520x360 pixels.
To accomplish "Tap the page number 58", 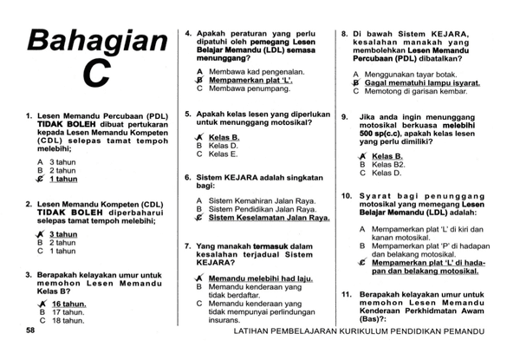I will click(x=30, y=331).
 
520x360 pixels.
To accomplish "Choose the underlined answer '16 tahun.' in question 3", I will click(x=68, y=304).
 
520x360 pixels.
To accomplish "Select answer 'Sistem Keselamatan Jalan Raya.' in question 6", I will click(x=270, y=219).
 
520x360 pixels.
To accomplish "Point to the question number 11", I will click(x=345, y=294).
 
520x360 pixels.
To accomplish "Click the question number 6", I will click(x=188, y=177).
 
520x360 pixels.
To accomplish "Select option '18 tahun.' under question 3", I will click(x=67, y=320).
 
